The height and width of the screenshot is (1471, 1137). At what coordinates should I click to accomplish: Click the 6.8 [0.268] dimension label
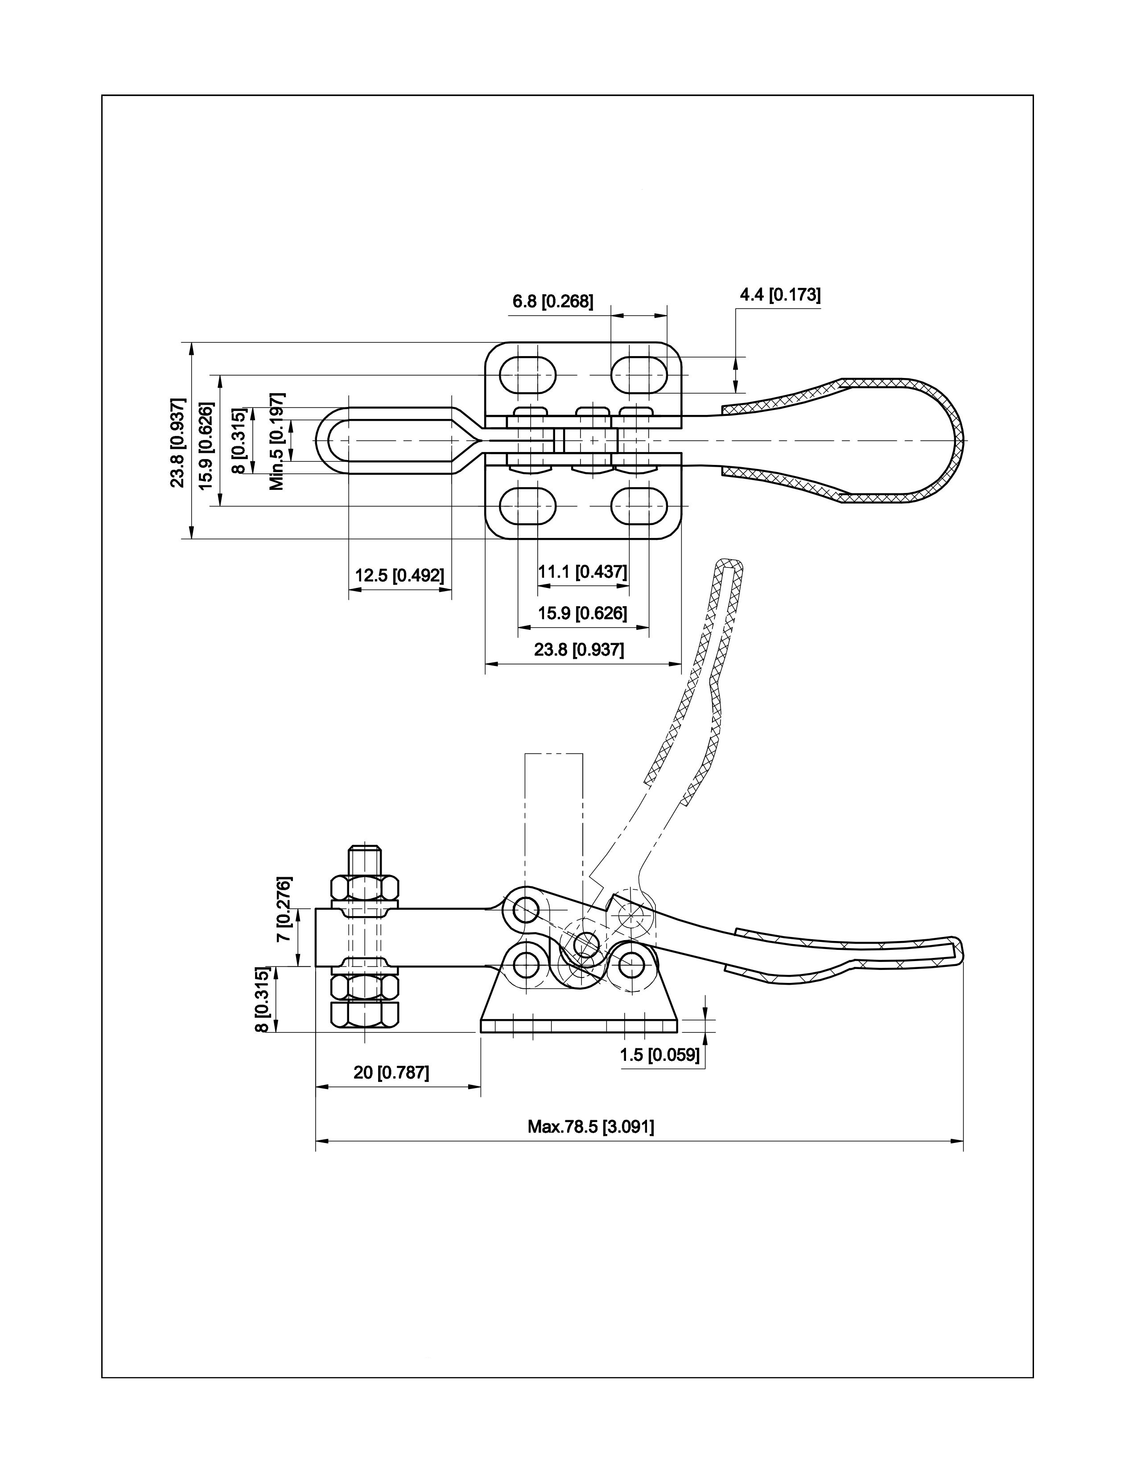click(553, 302)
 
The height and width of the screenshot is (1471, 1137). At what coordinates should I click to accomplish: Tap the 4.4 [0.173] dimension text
click(780, 295)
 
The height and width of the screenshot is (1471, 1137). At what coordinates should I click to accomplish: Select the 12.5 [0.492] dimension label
click(400, 576)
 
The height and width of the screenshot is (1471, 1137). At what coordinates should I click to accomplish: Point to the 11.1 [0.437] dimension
click(583, 572)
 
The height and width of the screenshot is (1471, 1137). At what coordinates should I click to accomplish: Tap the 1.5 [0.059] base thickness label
click(660, 1055)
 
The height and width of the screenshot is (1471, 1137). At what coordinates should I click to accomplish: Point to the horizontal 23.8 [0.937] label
click(579, 650)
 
